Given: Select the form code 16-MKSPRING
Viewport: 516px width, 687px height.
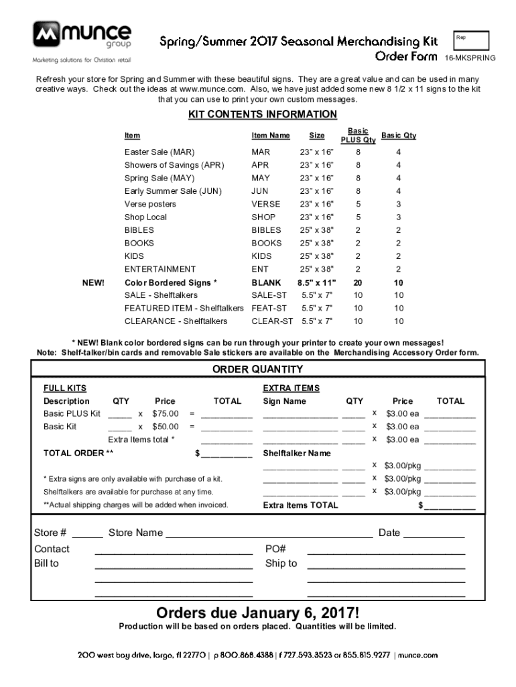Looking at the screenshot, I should [470, 58].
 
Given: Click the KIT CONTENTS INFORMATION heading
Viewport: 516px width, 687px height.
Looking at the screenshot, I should [263, 115].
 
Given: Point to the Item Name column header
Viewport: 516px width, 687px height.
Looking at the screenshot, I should [270, 136].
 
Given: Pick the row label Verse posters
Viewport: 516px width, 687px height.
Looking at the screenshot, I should [150, 204].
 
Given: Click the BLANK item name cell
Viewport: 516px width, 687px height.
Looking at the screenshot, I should [266, 282].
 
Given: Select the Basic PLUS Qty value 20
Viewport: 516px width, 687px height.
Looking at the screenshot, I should [358, 282].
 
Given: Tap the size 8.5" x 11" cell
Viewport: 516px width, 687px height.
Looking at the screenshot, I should [316, 282].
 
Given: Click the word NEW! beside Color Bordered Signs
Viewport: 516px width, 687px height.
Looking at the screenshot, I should [93, 282].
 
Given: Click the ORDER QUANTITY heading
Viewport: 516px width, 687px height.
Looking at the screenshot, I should [258, 369].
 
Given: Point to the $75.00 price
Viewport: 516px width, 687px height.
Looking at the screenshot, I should [166, 414].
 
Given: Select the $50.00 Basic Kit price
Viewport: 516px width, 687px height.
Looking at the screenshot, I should [166, 427].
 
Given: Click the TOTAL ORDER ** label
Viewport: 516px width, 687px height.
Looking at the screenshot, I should [78, 453].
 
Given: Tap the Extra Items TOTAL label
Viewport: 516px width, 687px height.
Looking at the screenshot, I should [300, 505].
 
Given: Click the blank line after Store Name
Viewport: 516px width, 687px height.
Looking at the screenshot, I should [269, 534].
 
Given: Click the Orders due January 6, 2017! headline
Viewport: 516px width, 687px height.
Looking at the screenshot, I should [258, 613].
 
